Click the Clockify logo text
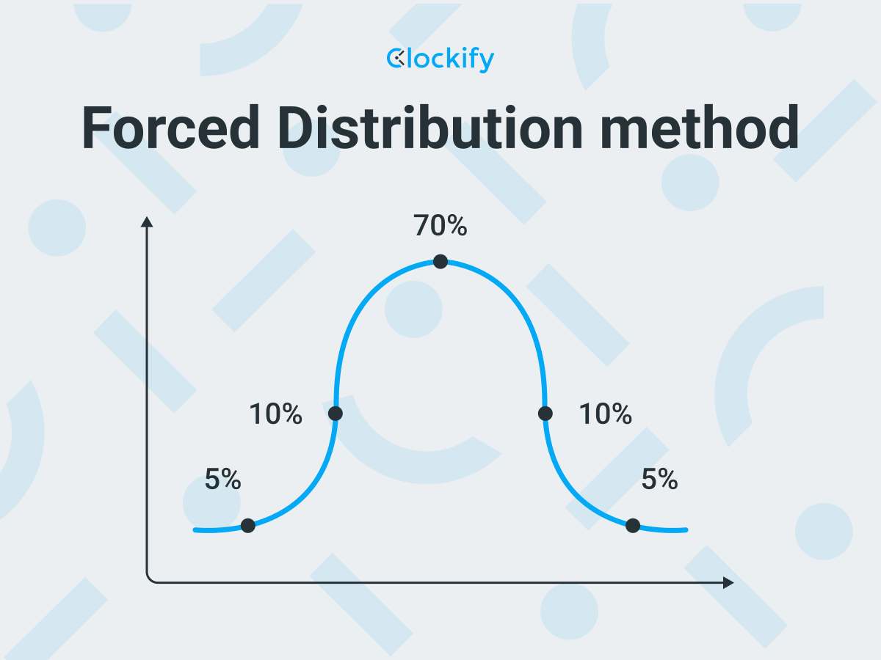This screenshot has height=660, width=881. click(x=440, y=59)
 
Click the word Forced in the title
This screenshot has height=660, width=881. click(x=170, y=128)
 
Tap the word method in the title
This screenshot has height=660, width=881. click(x=699, y=127)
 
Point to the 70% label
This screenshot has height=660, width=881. click(x=440, y=225)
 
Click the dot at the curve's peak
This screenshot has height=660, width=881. click(x=440, y=262)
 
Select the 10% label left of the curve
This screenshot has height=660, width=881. click(x=276, y=414)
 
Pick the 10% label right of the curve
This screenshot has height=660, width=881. click(x=606, y=414)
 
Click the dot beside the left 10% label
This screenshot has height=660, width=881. click(x=335, y=413)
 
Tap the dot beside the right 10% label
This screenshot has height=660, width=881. click(x=545, y=413)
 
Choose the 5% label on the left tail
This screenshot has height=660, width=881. click(x=222, y=479)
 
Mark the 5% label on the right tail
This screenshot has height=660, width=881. click(x=659, y=479)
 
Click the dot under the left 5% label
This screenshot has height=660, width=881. click(x=247, y=525)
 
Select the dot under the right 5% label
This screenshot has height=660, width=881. click(x=633, y=525)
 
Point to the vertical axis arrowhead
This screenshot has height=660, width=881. click(x=147, y=222)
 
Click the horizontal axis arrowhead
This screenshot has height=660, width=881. click(x=728, y=583)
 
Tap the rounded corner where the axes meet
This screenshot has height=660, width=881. click(x=150, y=579)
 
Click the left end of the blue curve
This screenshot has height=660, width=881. click(x=195, y=530)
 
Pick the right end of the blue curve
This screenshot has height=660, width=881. click(x=686, y=530)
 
